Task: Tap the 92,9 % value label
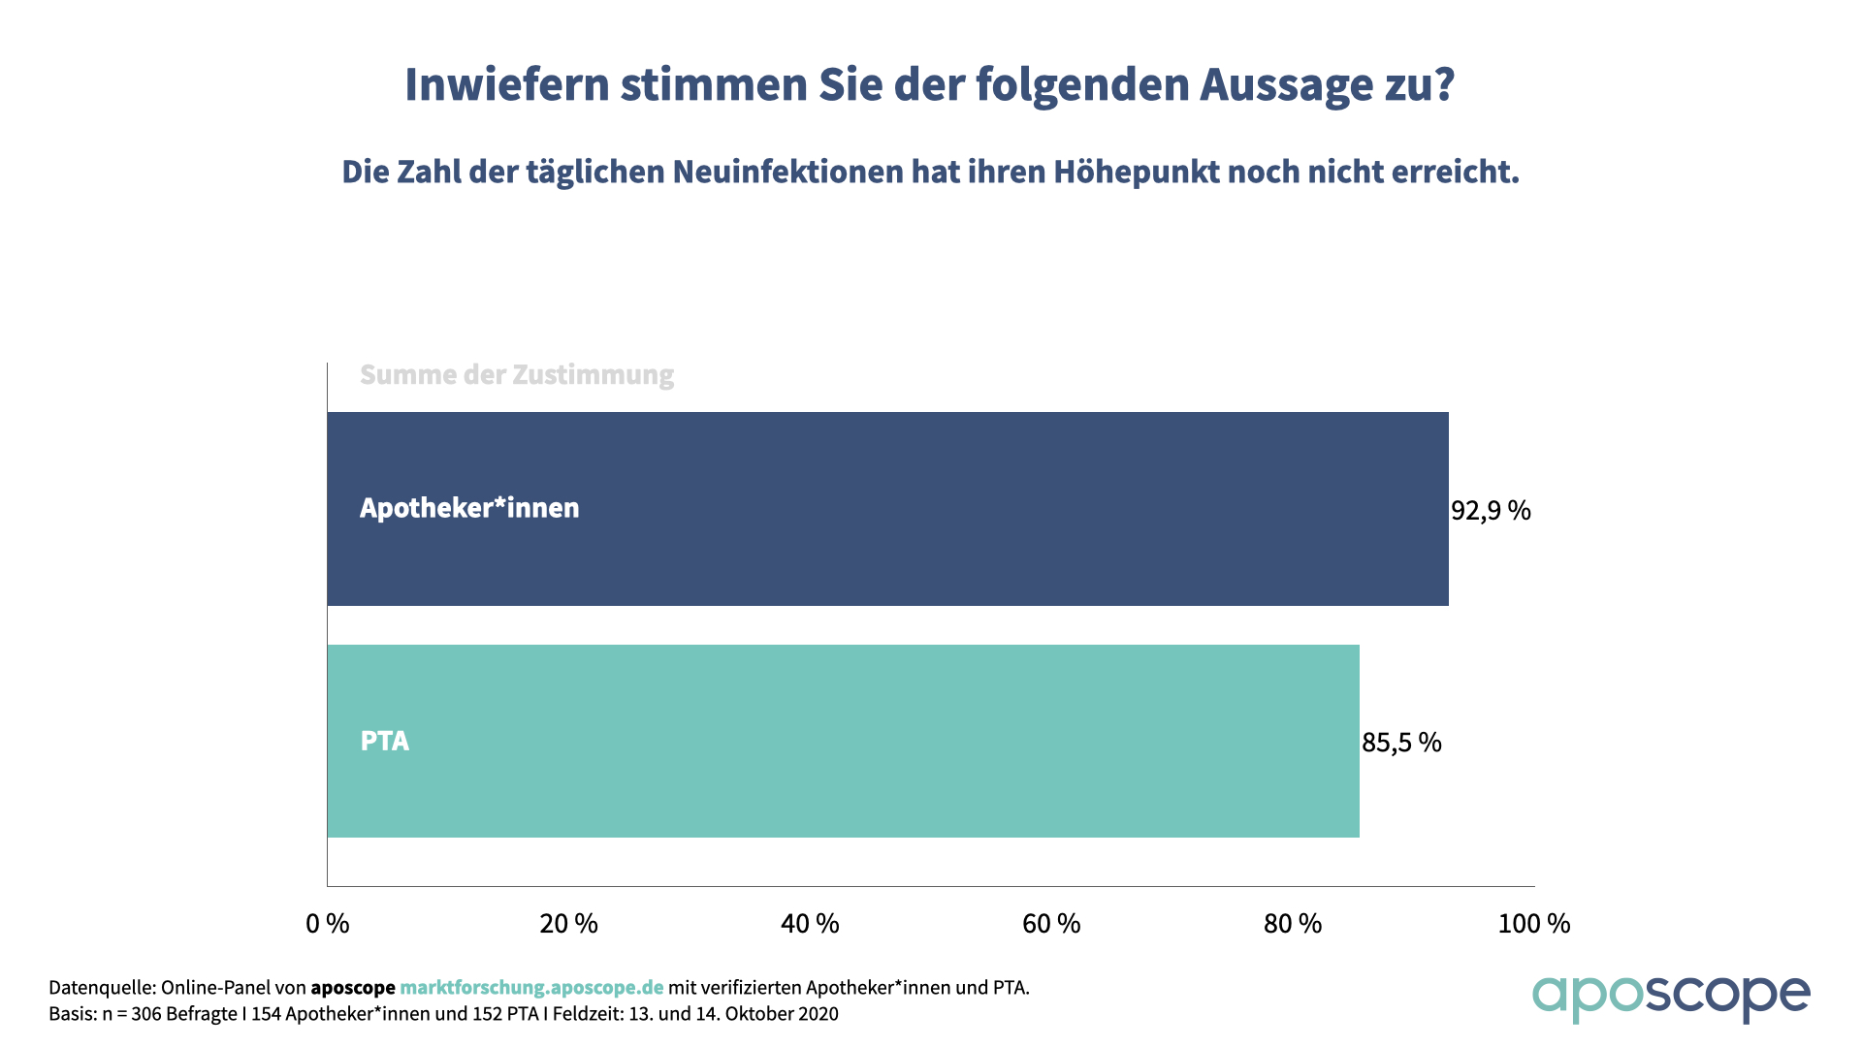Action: (x=1491, y=510)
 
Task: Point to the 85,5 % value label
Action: (x=1401, y=743)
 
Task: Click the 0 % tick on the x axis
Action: (x=328, y=924)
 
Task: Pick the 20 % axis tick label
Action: (x=568, y=924)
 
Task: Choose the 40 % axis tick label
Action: (x=810, y=924)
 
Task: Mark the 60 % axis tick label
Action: (x=1051, y=924)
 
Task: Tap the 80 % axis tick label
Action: (x=1293, y=924)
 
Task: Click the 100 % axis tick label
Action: (x=1533, y=924)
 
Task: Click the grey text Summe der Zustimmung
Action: (x=517, y=375)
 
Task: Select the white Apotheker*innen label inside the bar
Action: (x=469, y=508)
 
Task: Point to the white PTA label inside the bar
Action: (x=385, y=741)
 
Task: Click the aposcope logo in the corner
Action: (x=1670, y=997)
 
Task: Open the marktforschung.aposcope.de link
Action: (x=531, y=988)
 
